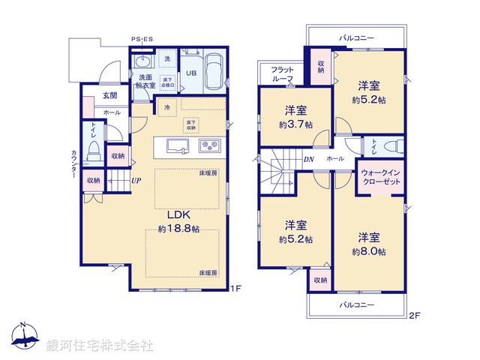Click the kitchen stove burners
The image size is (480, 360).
[208, 145]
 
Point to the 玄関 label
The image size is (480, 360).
[110, 95]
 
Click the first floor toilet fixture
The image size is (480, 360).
[94, 151]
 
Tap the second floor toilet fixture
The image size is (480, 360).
[390, 145]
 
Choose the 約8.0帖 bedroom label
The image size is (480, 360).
[369, 244]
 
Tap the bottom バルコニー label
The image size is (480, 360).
[356, 304]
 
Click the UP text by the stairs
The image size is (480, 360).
[137, 181]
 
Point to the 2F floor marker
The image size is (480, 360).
[414, 316]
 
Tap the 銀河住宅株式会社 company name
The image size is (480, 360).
[99, 346]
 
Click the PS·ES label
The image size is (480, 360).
[141, 39]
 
